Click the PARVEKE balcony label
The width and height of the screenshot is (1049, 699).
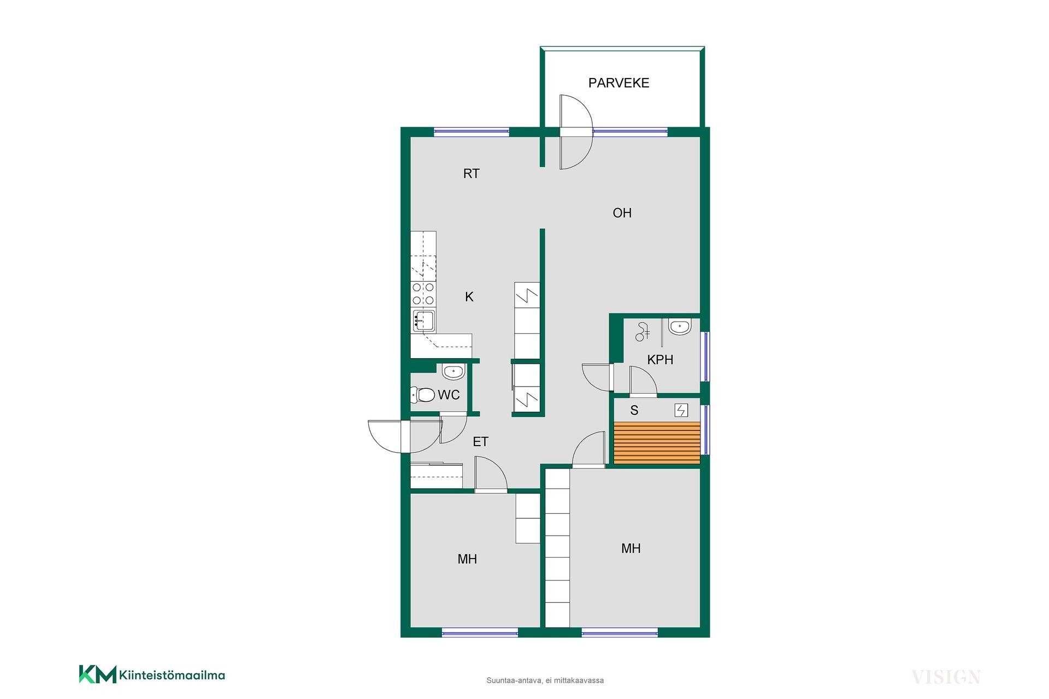pyautogui.click(x=618, y=83)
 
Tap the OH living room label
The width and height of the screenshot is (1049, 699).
pyautogui.click(x=622, y=213)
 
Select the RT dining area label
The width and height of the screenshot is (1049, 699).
pyautogui.click(x=472, y=174)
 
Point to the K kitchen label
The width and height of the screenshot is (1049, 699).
pyautogui.click(x=469, y=297)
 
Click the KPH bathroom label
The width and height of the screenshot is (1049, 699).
pyautogui.click(x=660, y=360)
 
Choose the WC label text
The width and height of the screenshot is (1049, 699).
pyautogui.click(x=449, y=395)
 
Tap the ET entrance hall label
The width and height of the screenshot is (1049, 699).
pyautogui.click(x=481, y=442)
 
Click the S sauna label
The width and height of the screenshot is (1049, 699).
pyautogui.click(x=634, y=410)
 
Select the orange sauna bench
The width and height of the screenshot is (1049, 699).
pyautogui.click(x=657, y=443)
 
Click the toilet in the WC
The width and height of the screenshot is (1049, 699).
pyautogui.click(x=422, y=394)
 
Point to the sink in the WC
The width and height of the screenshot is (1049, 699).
pyautogui.click(x=453, y=372)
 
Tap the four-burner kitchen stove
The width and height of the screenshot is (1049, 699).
pyautogui.click(x=423, y=294)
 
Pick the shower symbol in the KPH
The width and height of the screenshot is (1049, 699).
pyautogui.click(x=643, y=332)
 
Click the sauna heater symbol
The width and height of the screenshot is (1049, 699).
pyautogui.click(x=681, y=410)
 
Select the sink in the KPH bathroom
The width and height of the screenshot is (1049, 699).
pyautogui.click(x=680, y=327)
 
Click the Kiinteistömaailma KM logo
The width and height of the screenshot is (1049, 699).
pyautogui.click(x=152, y=674)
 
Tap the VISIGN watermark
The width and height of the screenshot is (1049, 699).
pyautogui.click(x=946, y=677)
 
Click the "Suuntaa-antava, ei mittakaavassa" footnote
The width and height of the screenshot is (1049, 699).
pyautogui.click(x=545, y=680)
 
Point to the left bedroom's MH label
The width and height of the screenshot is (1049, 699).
pyautogui.click(x=467, y=559)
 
